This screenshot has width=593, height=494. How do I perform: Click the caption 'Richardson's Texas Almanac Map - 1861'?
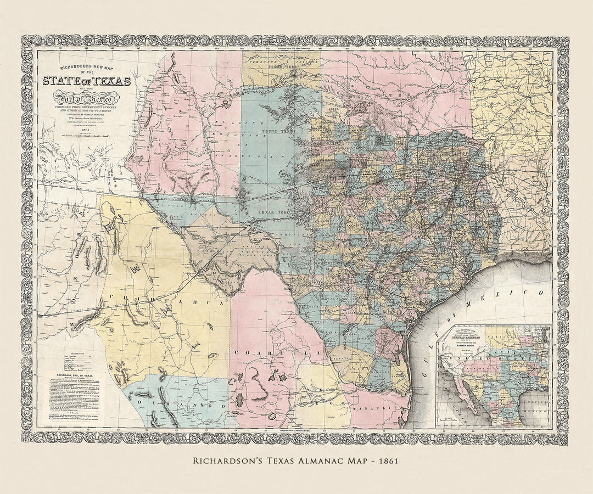[x=296, y=461]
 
